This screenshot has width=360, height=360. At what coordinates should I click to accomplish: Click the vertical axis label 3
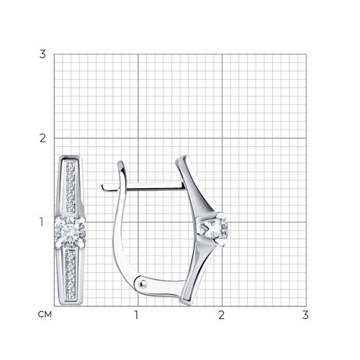(x=42, y=54)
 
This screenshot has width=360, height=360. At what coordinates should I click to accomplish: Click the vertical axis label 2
(x=42, y=138)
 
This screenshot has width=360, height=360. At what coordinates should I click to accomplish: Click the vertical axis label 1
(x=42, y=222)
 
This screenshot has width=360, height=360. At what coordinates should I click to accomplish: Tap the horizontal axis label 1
(x=136, y=315)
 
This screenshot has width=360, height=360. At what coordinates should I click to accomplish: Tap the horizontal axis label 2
(x=221, y=315)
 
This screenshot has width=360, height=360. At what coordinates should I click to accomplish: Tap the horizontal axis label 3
(x=305, y=315)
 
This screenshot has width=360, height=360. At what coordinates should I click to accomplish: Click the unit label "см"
(x=45, y=315)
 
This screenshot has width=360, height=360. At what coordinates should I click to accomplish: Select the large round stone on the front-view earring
(x=70, y=232)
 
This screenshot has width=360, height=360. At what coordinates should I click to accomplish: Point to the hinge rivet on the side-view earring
(x=143, y=284)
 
